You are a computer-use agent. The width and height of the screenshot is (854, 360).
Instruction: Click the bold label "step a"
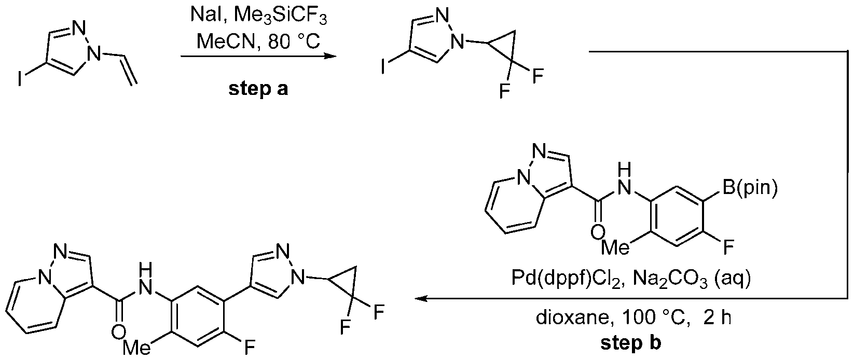[x=258, y=89]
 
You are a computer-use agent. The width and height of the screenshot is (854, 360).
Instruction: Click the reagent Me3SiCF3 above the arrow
[x=280, y=18]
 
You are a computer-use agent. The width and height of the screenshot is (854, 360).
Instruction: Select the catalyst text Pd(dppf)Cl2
[x=566, y=279]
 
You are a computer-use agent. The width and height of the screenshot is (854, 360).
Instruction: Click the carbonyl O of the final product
[x=118, y=332]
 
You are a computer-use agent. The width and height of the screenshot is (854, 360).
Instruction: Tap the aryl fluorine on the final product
[x=250, y=348]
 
